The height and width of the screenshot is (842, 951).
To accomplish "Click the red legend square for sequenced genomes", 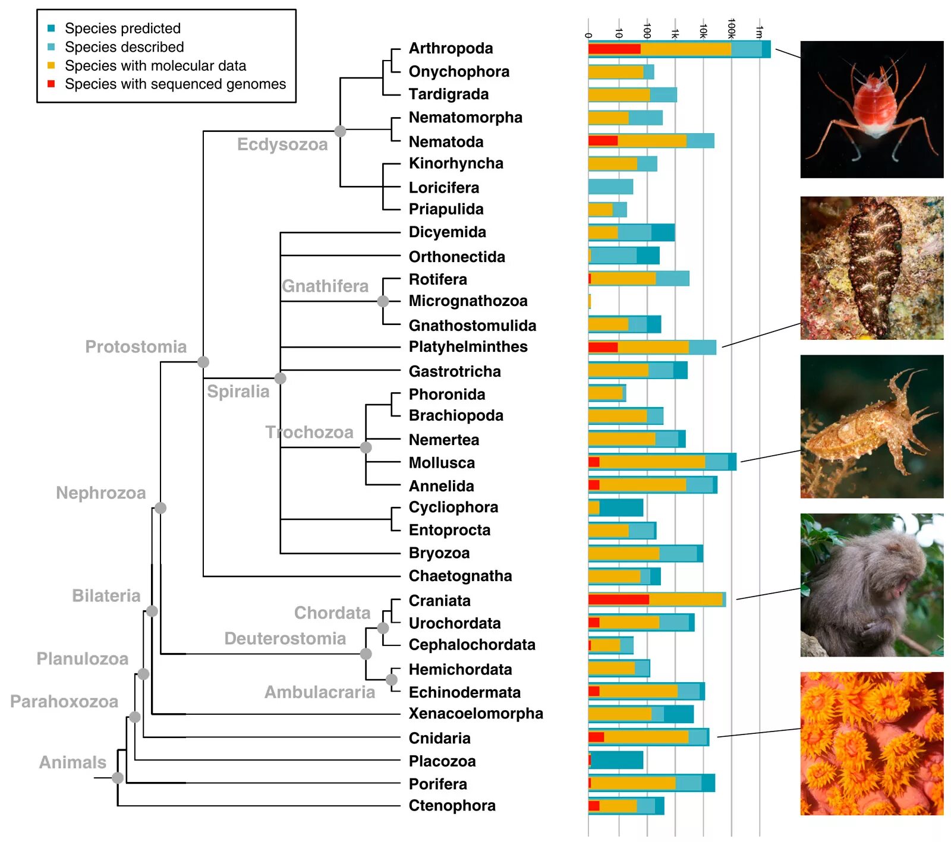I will point(51,84).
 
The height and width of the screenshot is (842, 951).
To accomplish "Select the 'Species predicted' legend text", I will point(122,28).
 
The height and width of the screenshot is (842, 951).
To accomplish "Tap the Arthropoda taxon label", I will point(451,48).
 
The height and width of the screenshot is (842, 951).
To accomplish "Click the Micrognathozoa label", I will point(468,301).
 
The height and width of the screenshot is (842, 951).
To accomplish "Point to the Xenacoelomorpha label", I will point(475,713).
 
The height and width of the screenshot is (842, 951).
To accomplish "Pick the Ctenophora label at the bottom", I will point(452,805).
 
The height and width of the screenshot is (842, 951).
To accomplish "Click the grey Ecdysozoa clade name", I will point(282,144).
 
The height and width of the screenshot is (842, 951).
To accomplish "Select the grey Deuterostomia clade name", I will point(285,638).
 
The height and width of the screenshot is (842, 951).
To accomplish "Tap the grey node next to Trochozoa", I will point(366,447).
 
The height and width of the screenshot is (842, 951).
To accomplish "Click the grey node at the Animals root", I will point(118,777).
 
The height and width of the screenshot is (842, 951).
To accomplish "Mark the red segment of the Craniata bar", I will point(618,600).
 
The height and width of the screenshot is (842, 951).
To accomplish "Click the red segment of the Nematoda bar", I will point(603,141).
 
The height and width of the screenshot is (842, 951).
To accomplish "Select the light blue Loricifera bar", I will point(610,187).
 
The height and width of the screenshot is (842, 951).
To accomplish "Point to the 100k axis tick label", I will point(732,29).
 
